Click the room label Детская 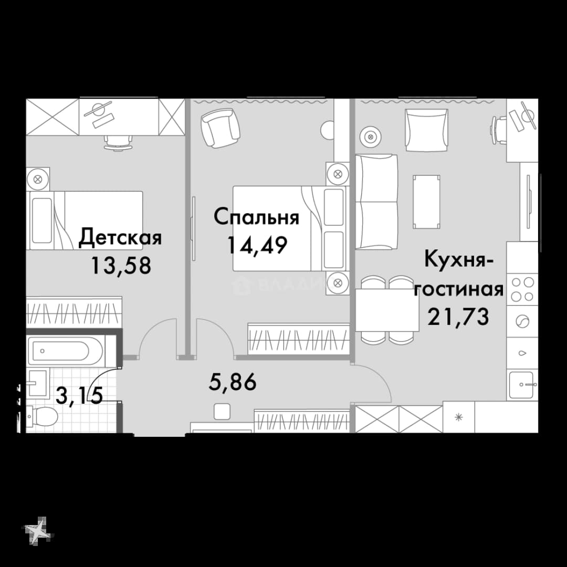coord(120,238)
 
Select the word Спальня coord(256,217)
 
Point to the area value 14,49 coord(257,245)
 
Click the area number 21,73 coord(458,317)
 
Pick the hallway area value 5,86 coord(233,382)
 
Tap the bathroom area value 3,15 coord(80,395)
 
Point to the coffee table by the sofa coord(427,202)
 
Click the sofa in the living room coord(376,202)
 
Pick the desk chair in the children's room coord(118,142)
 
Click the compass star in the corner coord(38,531)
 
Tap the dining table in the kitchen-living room coord(387,310)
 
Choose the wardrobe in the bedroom coord(298,339)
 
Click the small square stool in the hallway coord(222,412)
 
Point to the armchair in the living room coord(427,130)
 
